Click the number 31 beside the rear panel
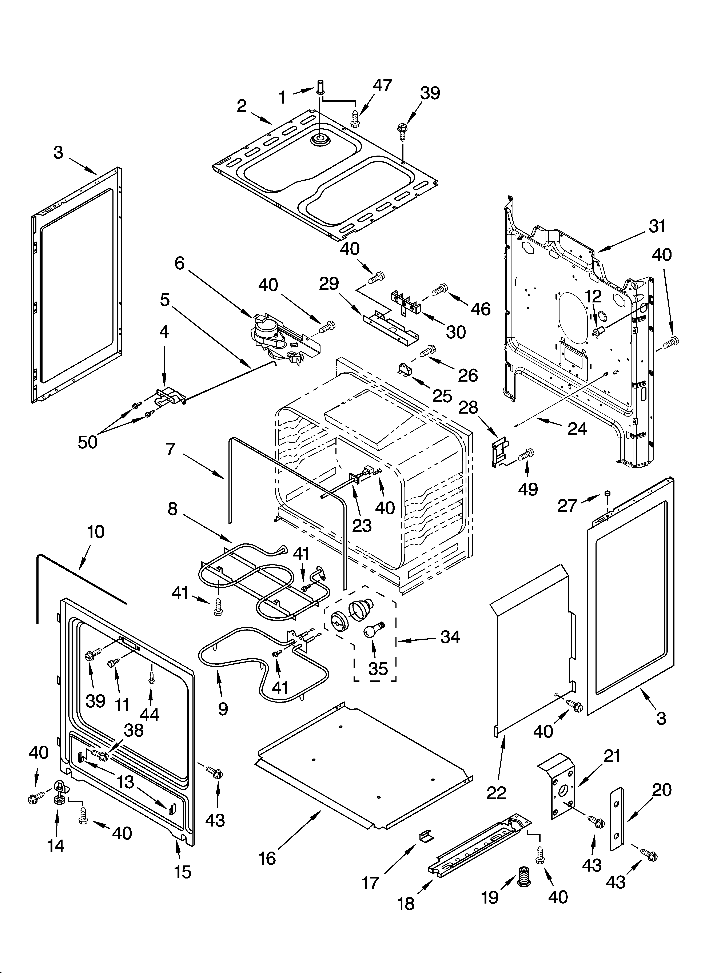[x=657, y=226]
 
